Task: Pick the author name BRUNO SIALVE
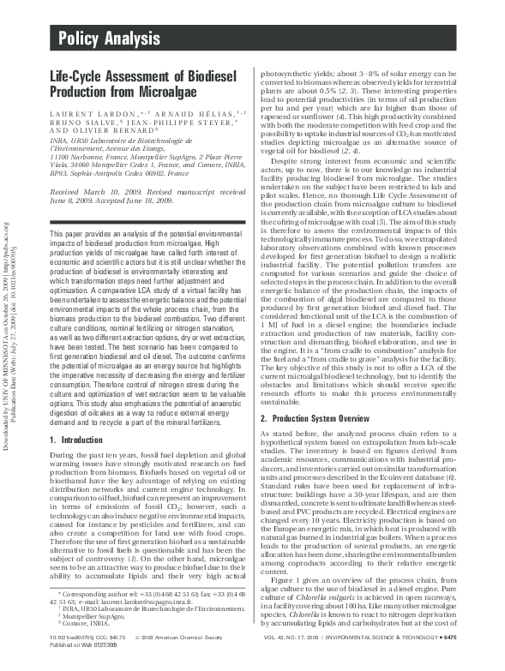(x=75, y=123)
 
